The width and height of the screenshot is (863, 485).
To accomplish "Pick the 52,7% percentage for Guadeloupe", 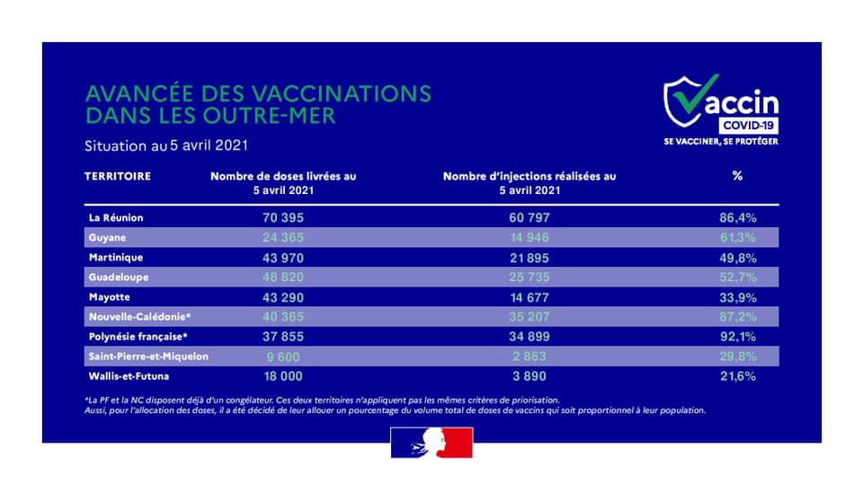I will tap(736, 277).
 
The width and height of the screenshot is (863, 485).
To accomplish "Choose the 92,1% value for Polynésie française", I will tap(736, 336).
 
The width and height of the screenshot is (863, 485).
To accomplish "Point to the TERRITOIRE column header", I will tap(117, 176).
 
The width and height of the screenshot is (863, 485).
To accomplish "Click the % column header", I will tap(737, 176).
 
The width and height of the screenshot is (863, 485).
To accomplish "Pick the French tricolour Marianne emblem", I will tap(431, 443).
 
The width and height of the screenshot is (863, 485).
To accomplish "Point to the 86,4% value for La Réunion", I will tap(736, 217).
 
